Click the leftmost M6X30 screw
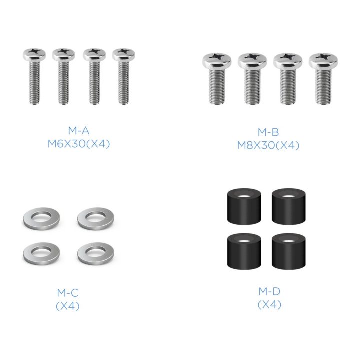point(34,76)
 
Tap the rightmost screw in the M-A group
point(124,76)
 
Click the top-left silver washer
point(41,219)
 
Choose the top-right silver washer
point(95,219)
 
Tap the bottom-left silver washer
point(41,253)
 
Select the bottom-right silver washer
point(95,253)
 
